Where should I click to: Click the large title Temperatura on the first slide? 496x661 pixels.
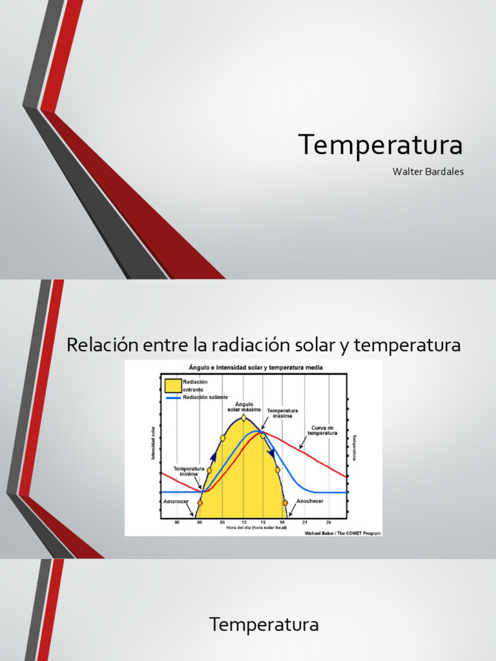click(380, 145)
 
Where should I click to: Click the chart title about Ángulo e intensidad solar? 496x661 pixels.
click(256, 367)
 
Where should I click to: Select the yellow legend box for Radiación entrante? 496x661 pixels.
click(172, 386)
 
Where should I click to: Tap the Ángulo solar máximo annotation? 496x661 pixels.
click(244, 407)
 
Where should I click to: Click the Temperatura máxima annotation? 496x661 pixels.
click(282, 413)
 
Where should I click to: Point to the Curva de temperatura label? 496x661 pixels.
click(324, 431)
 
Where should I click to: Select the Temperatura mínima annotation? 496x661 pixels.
click(189, 471)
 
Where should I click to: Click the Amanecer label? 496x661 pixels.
click(176, 501)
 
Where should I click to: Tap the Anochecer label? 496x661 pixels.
click(309, 501)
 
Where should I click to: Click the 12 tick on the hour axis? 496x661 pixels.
click(243, 522)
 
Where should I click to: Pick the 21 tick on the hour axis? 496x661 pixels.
click(305, 522)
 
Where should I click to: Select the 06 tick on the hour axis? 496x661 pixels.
click(200, 522)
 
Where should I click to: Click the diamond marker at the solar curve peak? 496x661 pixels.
click(243, 418)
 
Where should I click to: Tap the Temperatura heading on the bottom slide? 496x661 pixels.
click(264, 625)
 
